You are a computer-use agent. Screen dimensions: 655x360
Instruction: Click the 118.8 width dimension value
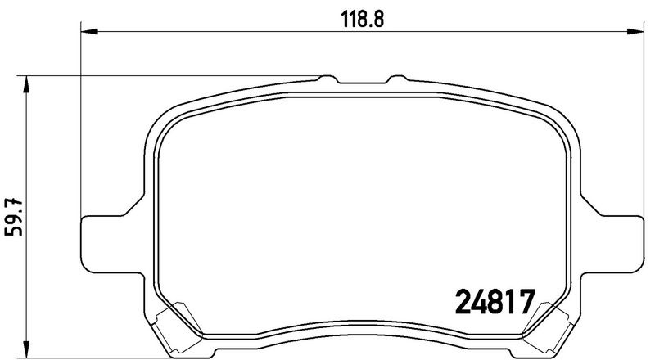tap(362, 19)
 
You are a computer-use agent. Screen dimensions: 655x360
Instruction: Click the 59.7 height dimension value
tap(14, 217)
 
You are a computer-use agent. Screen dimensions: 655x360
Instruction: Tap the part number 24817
tap(495, 302)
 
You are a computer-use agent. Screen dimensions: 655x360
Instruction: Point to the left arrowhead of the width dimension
tap(89, 31)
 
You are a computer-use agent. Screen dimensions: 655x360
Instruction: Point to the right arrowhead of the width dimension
tap(635, 31)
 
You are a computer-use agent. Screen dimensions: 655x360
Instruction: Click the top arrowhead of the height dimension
tap(27, 84)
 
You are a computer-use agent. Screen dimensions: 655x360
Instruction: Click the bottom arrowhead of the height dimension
tap(27, 349)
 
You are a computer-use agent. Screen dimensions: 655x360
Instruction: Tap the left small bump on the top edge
tap(328, 79)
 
